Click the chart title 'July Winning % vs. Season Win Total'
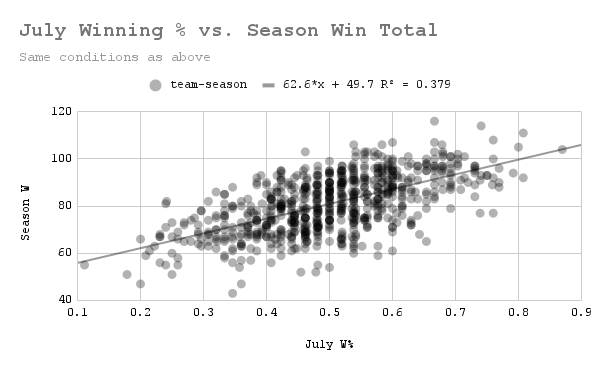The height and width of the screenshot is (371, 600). click(228, 31)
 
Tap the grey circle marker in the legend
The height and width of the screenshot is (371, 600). click(155, 86)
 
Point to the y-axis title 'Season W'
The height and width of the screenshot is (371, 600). click(29, 208)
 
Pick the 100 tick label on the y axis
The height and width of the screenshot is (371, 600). click(60, 158)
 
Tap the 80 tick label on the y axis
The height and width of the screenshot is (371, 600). click(63, 206)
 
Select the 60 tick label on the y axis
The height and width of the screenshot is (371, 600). click(63, 253)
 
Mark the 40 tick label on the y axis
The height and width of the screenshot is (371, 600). click(63, 300)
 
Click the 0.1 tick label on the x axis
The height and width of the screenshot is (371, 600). click(77, 314)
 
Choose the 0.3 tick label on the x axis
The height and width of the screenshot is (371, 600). click(203, 314)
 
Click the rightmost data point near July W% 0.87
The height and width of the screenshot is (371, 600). click(562, 149)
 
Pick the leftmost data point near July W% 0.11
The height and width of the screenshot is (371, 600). click(84, 265)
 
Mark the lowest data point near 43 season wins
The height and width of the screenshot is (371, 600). click(233, 293)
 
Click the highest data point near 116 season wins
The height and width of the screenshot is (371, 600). click(434, 121)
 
